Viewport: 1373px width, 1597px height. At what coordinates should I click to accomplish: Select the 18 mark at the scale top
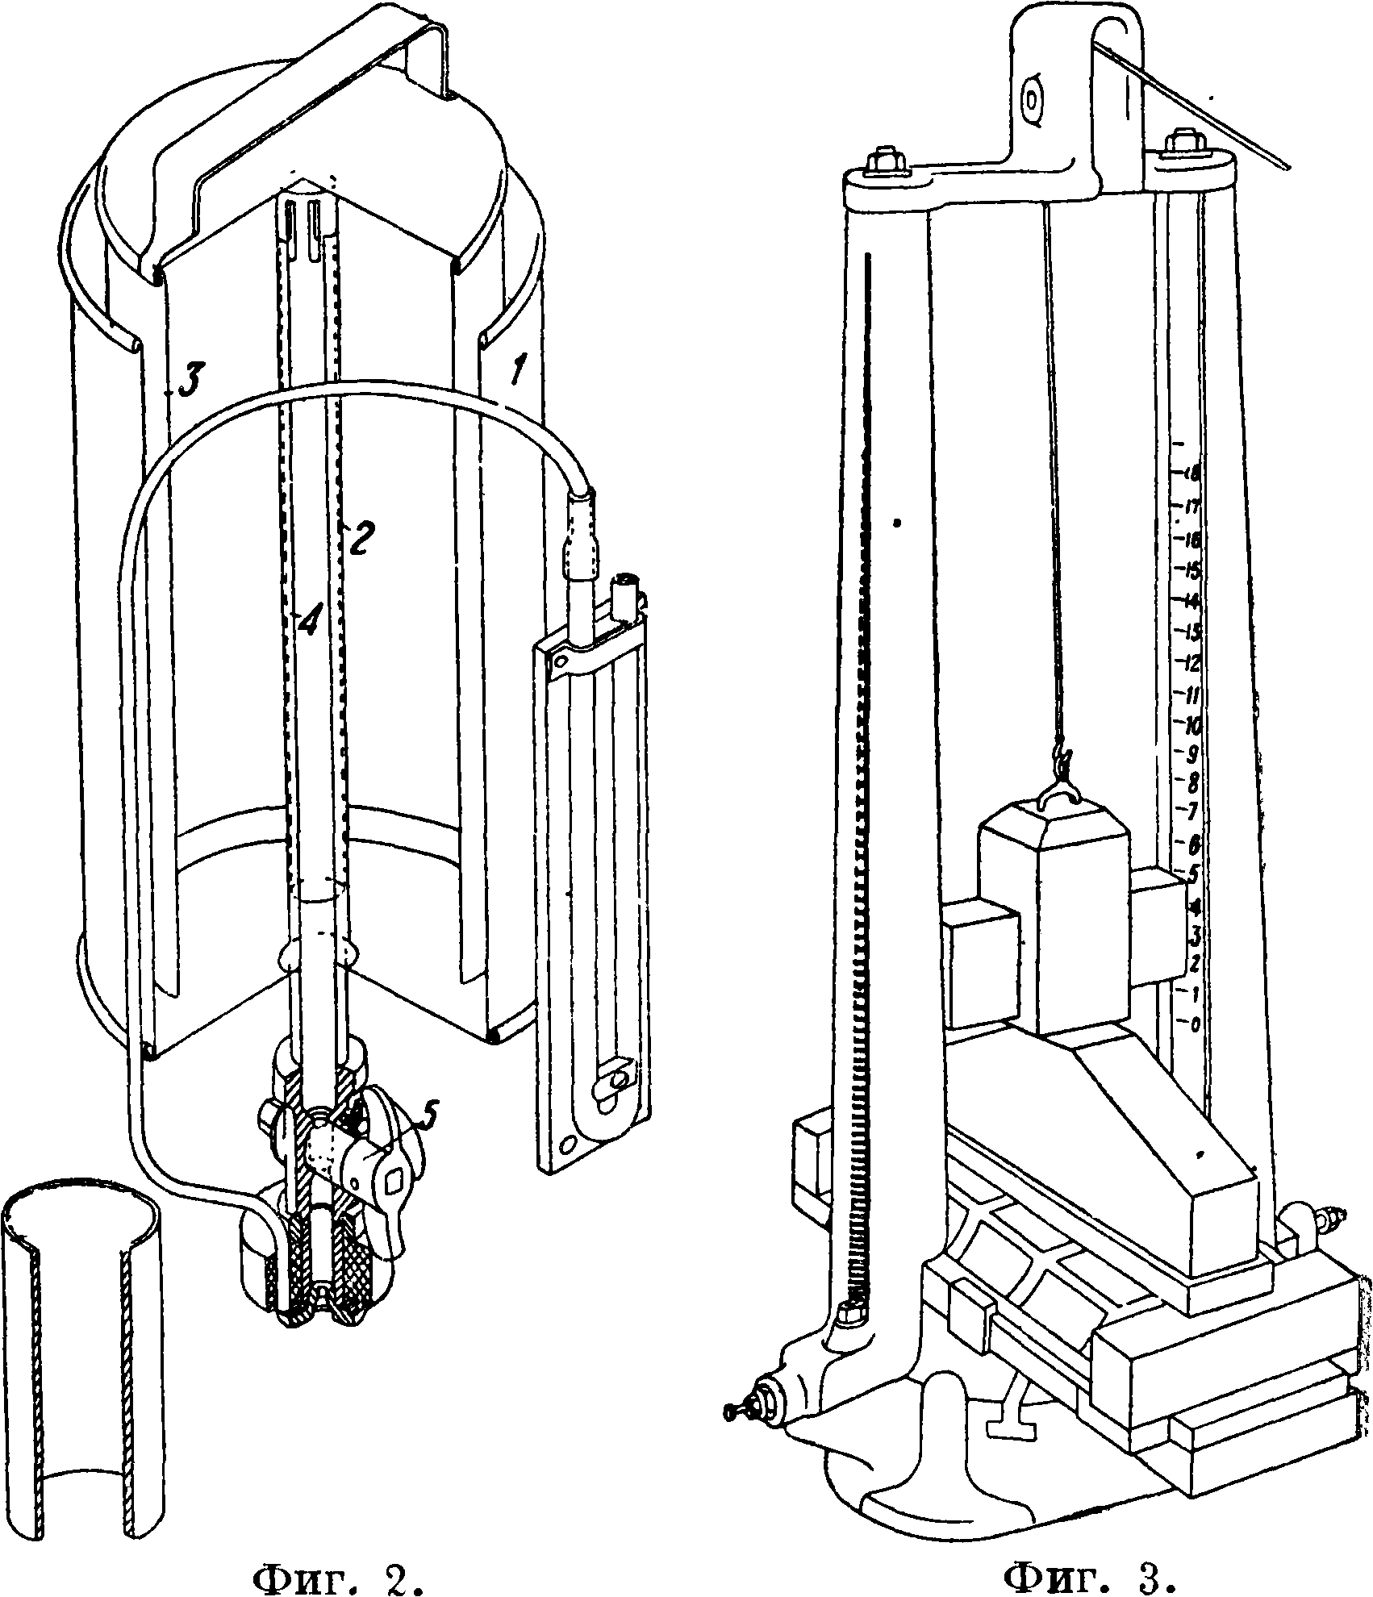tap(1191, 474)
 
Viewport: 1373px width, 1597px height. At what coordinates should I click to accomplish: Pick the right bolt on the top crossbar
tap(1186, 144)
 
